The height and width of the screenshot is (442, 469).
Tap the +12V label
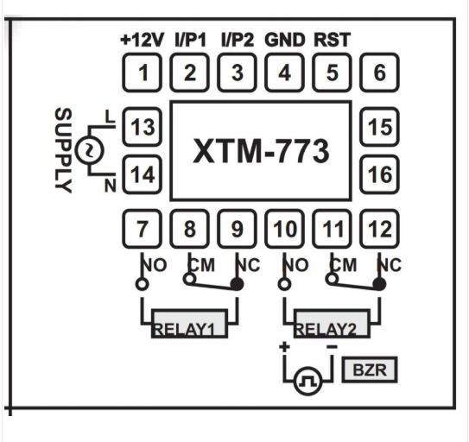143,40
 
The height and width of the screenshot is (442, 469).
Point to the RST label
333,40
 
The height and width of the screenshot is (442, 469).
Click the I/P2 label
237,40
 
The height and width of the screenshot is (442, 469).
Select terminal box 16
379,174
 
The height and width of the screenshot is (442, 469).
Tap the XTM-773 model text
260,151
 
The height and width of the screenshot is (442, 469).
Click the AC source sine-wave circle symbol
88,151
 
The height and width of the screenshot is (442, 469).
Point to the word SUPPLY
63,151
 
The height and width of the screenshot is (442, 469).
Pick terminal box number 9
237,230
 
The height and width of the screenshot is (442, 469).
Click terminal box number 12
379,230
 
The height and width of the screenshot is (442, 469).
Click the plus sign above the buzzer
282,347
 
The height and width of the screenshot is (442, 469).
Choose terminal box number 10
284,230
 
